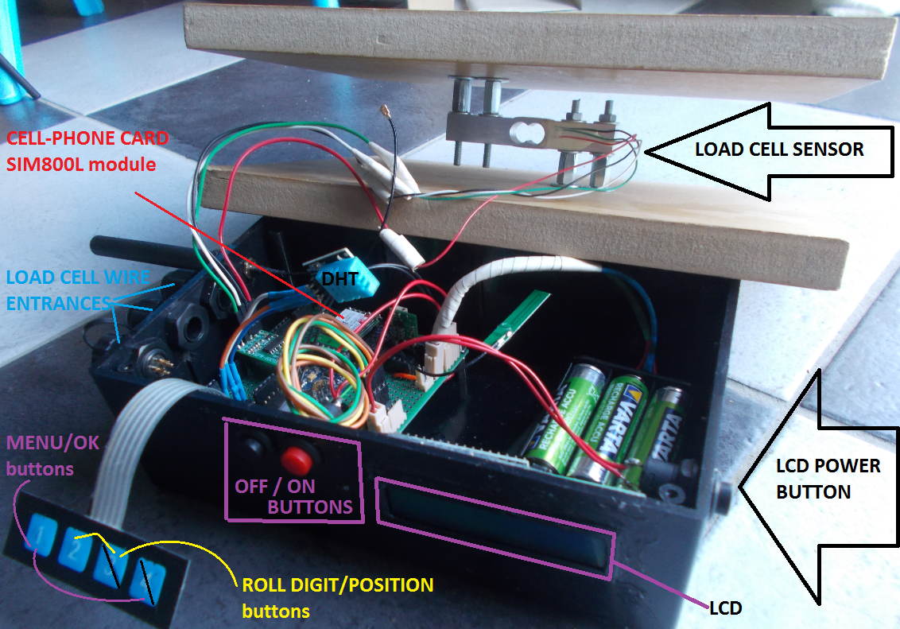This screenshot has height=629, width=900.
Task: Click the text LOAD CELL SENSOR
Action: pyautogui.click(x=778, y=149)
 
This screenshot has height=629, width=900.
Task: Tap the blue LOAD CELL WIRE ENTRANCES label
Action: pyautogui.click(x=78, y=289)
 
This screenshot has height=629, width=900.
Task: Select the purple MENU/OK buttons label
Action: pyautogui.click(x=52, y=456)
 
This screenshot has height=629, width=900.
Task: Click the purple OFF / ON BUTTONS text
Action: pyautogui.click(x=294, y=495)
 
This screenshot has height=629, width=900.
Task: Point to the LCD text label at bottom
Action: pyautogui.click(x=724, y=608)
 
